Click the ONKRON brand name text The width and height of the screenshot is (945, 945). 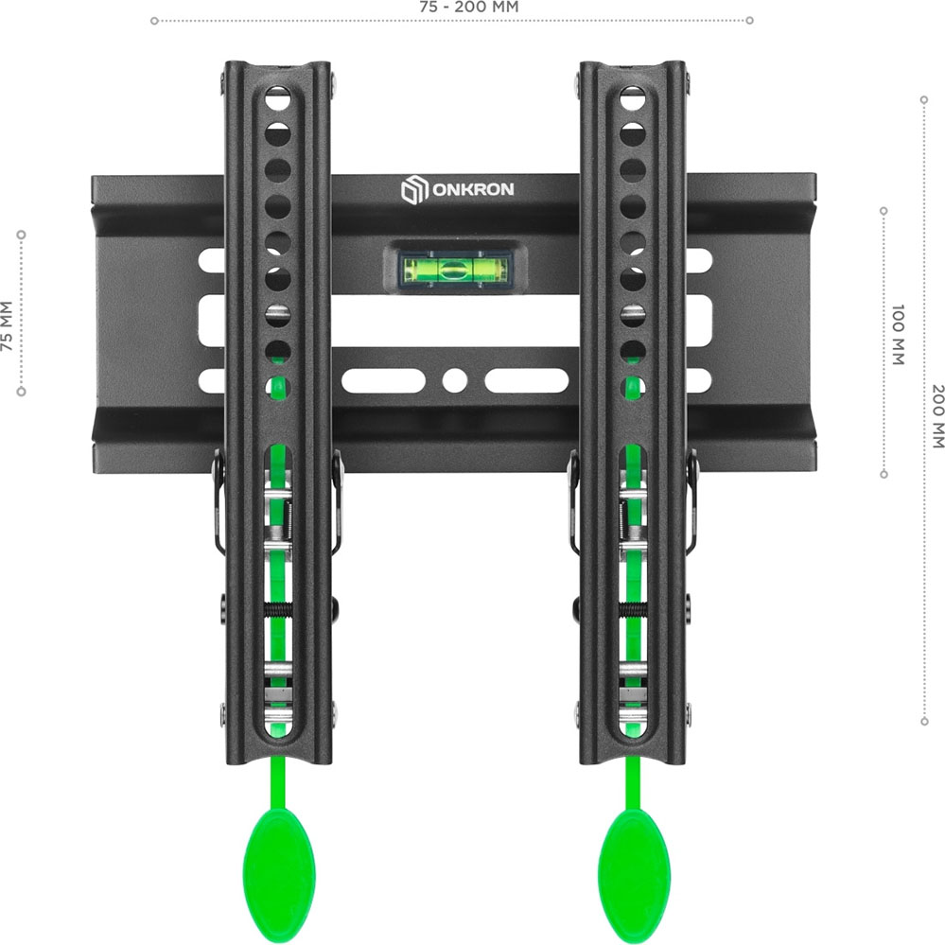473,189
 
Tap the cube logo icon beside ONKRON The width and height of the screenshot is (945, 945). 414,189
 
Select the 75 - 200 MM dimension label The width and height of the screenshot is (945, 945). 469,8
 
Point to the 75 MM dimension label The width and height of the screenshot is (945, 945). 7,326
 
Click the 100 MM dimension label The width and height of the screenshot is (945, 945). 898,335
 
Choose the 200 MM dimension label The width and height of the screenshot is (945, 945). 937,416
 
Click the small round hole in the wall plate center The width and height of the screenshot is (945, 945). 454,381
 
